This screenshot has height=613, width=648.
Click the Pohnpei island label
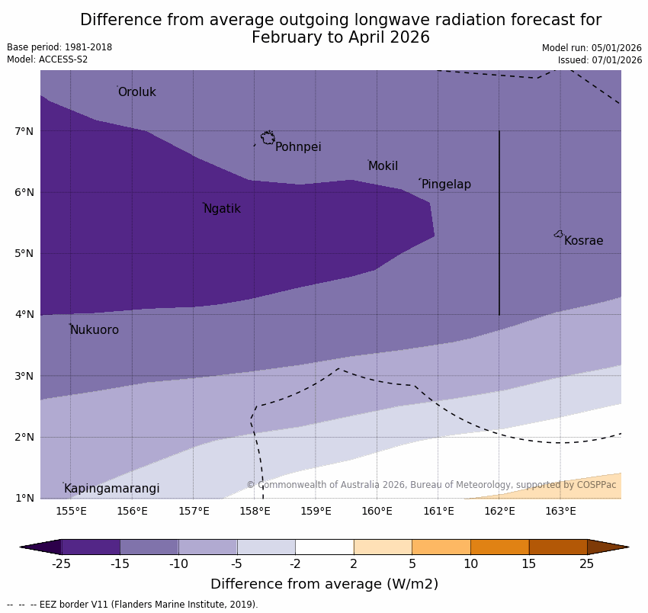pos(298,147)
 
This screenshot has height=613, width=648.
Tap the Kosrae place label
pos(583,241)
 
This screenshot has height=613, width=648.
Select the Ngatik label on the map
pos(222,209)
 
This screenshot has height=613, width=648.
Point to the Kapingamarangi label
pos(111,489)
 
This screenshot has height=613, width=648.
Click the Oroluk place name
pos(136,92)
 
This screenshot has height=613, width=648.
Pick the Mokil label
pos(383,166)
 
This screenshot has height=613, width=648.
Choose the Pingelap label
pos(446,185)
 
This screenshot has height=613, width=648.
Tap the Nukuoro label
pos(95,330)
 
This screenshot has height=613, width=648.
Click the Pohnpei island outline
pos(268,138)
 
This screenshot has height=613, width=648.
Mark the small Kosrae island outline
pos(559,234)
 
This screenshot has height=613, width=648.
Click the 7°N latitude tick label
pos(24,131)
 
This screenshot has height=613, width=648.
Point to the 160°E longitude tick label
pos(377,511)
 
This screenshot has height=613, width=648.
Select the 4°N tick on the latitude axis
pos(24,314)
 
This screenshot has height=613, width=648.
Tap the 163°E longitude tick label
pos(560,511)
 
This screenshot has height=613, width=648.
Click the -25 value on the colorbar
pos(61,564)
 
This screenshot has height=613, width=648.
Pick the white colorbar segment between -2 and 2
pos(324,547)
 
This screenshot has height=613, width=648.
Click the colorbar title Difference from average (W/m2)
pos(324,584)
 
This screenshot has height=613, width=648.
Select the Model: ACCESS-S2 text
pos(47,59)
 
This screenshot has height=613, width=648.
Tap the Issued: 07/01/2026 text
pos(599,59)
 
